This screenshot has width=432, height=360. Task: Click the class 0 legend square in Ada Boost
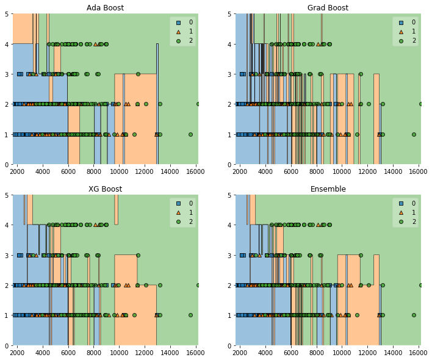[x=178, y=22]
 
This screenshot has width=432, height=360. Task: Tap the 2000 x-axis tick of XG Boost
[x=17, y=353]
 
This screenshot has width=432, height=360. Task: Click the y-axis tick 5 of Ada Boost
[x=5, y=14]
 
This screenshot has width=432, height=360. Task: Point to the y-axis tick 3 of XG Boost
[x=5, y=255]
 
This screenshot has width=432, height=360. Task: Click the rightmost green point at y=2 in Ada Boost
[x=198, y=104]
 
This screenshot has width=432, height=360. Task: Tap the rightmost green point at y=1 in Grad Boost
[x=413, y=134]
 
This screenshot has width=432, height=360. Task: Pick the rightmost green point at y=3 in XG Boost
[x=138, y=255]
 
